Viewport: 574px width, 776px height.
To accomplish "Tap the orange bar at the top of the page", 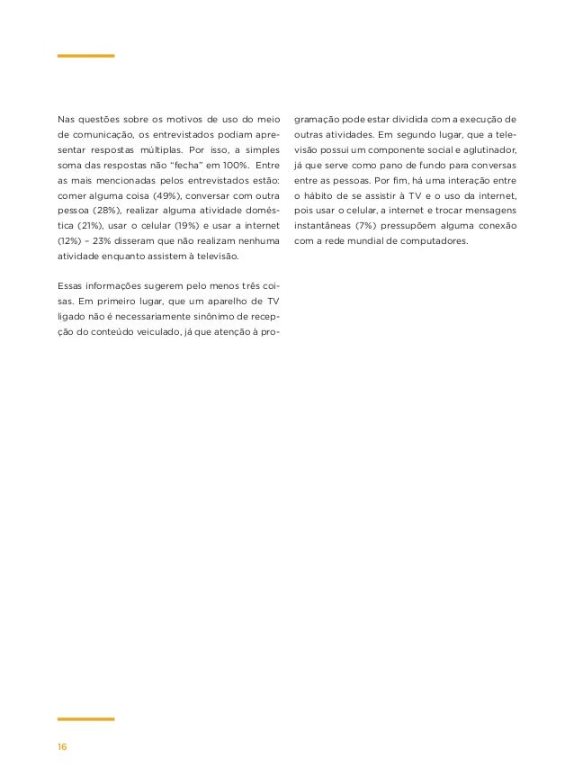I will [85, 56].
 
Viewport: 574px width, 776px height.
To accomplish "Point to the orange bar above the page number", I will [85, 719].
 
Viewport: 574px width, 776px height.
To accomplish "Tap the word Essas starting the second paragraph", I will [71, 287].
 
